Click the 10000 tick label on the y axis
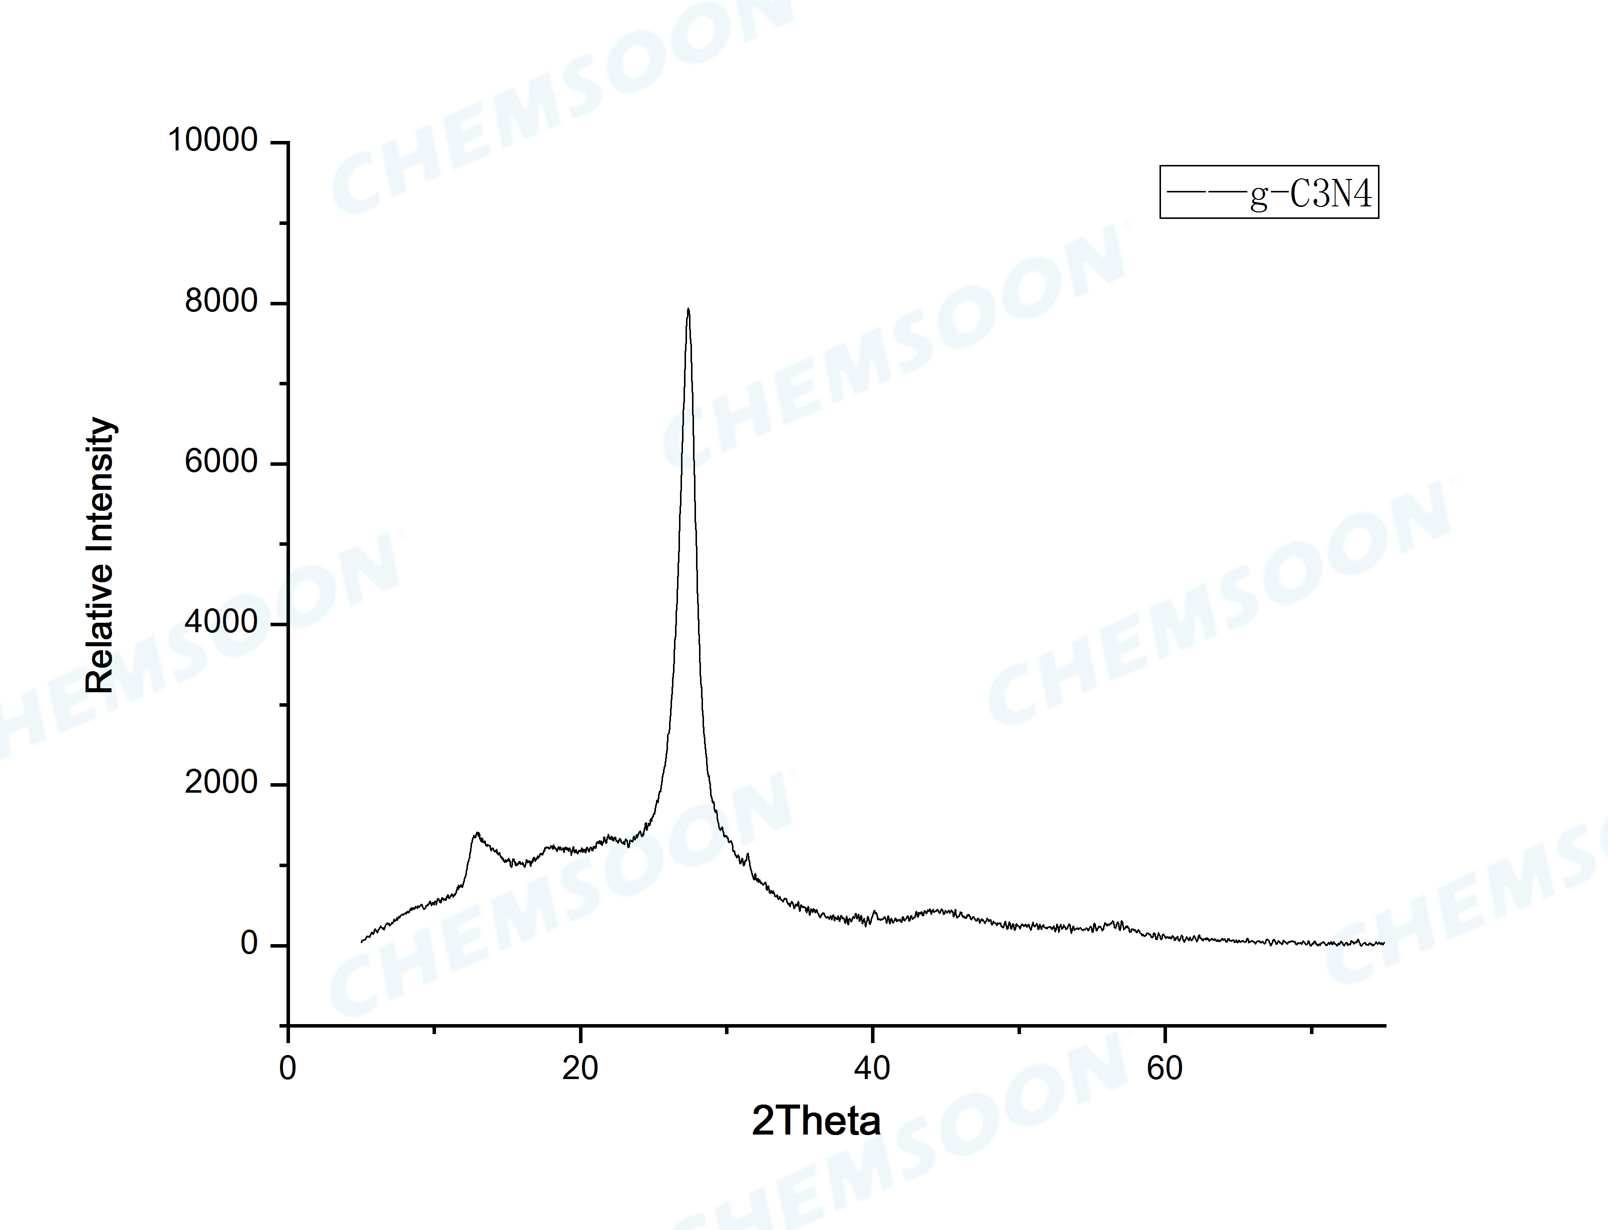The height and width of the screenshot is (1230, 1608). click(212, 140)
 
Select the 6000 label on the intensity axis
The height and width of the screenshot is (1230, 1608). click(220, 461)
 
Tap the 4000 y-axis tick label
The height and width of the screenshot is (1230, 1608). click(220, 622)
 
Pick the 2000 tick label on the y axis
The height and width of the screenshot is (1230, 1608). click(220, 783)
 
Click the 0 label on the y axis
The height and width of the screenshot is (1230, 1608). click(249, 943)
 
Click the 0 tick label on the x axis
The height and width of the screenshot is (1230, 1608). click(288, 1069)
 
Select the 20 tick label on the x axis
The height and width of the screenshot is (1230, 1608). click(580, 1069)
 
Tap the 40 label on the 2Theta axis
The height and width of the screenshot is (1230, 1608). click(872, 1069)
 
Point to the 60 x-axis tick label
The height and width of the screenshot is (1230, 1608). click(1164, 1069)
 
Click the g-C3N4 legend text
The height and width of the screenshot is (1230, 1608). click(1310, 194)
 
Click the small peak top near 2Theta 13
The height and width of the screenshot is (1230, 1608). click(476, 833)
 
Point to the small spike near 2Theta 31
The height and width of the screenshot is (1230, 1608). click(747, 854)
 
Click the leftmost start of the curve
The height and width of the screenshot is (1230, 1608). click(361, 942)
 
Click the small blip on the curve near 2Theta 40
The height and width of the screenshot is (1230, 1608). click(874, 912)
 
